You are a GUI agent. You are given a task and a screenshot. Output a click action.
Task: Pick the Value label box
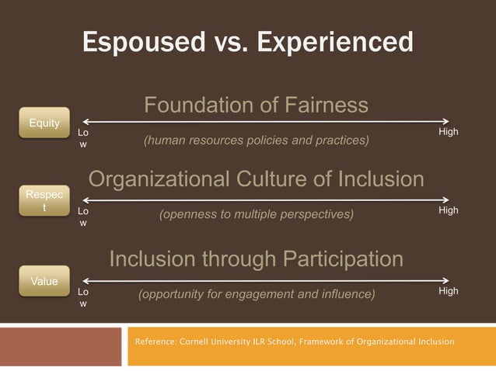click(44, 281)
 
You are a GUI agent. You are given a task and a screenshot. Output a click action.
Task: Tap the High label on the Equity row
click(448, 132)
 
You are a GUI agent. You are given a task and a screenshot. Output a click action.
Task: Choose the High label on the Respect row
click(448, 211)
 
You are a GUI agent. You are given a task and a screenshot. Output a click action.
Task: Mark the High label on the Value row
click(448, 291)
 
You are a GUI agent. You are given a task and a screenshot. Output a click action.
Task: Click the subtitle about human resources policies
click(256, 141)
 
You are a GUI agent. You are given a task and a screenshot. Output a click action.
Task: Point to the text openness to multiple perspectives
click(256, 213)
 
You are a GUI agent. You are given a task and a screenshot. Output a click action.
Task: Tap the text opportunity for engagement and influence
click(256, 294)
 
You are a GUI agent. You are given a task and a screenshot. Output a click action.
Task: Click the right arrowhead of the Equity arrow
click(447, 121)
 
